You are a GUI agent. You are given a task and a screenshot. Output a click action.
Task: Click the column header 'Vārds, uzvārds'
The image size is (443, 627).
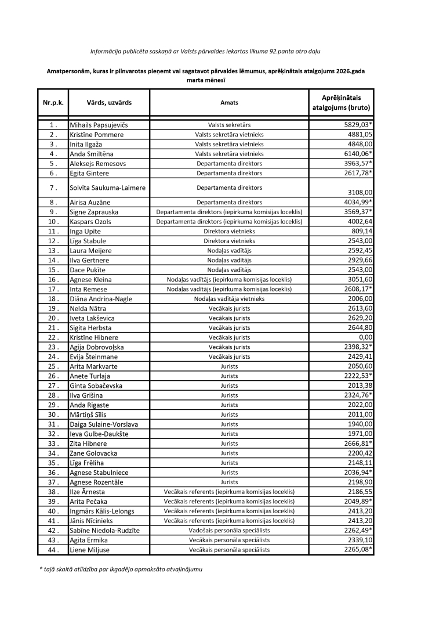tap(109, 103)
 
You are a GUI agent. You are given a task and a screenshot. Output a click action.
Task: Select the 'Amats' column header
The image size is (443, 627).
tap(229, 103)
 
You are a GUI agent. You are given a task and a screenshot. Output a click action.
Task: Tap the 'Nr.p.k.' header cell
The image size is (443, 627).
tap(53, 103)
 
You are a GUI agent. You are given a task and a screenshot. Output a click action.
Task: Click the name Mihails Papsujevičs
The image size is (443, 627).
tap(98, 125)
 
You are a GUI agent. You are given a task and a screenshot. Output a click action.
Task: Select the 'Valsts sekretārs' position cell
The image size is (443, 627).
tap(229, 125)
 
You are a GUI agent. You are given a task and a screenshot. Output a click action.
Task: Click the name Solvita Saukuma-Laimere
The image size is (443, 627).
tap(108, 188)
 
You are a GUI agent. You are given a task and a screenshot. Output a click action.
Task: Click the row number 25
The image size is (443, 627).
tap(53, 366)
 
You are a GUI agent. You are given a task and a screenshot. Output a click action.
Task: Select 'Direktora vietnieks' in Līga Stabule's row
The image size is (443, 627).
tap(229, 241)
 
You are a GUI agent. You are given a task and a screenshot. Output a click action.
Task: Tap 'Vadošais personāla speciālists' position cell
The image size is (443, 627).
tap(229, 531)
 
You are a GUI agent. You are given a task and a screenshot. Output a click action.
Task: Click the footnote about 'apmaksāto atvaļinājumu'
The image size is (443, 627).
tap(121, 570)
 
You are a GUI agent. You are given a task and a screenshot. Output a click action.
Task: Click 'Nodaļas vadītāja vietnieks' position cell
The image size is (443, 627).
tap(229, 298)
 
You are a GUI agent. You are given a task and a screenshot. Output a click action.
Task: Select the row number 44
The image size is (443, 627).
tap(53, 550)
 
